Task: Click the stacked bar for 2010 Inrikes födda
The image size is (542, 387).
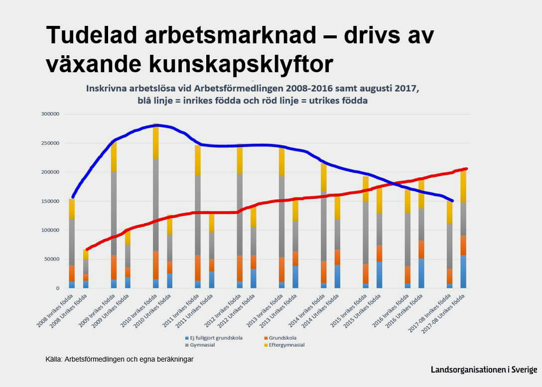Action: pyautogui.click(x=156, y=209)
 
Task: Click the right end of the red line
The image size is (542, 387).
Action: pyautogui.click(x=466, y=169)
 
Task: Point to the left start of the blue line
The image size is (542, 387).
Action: pyautogui.click(x=73, y=197)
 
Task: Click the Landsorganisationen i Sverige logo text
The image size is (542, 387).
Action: pyautogui.click(x=484, y=370)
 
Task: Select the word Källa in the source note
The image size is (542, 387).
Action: pyautogui.click(x=53, y=359)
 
